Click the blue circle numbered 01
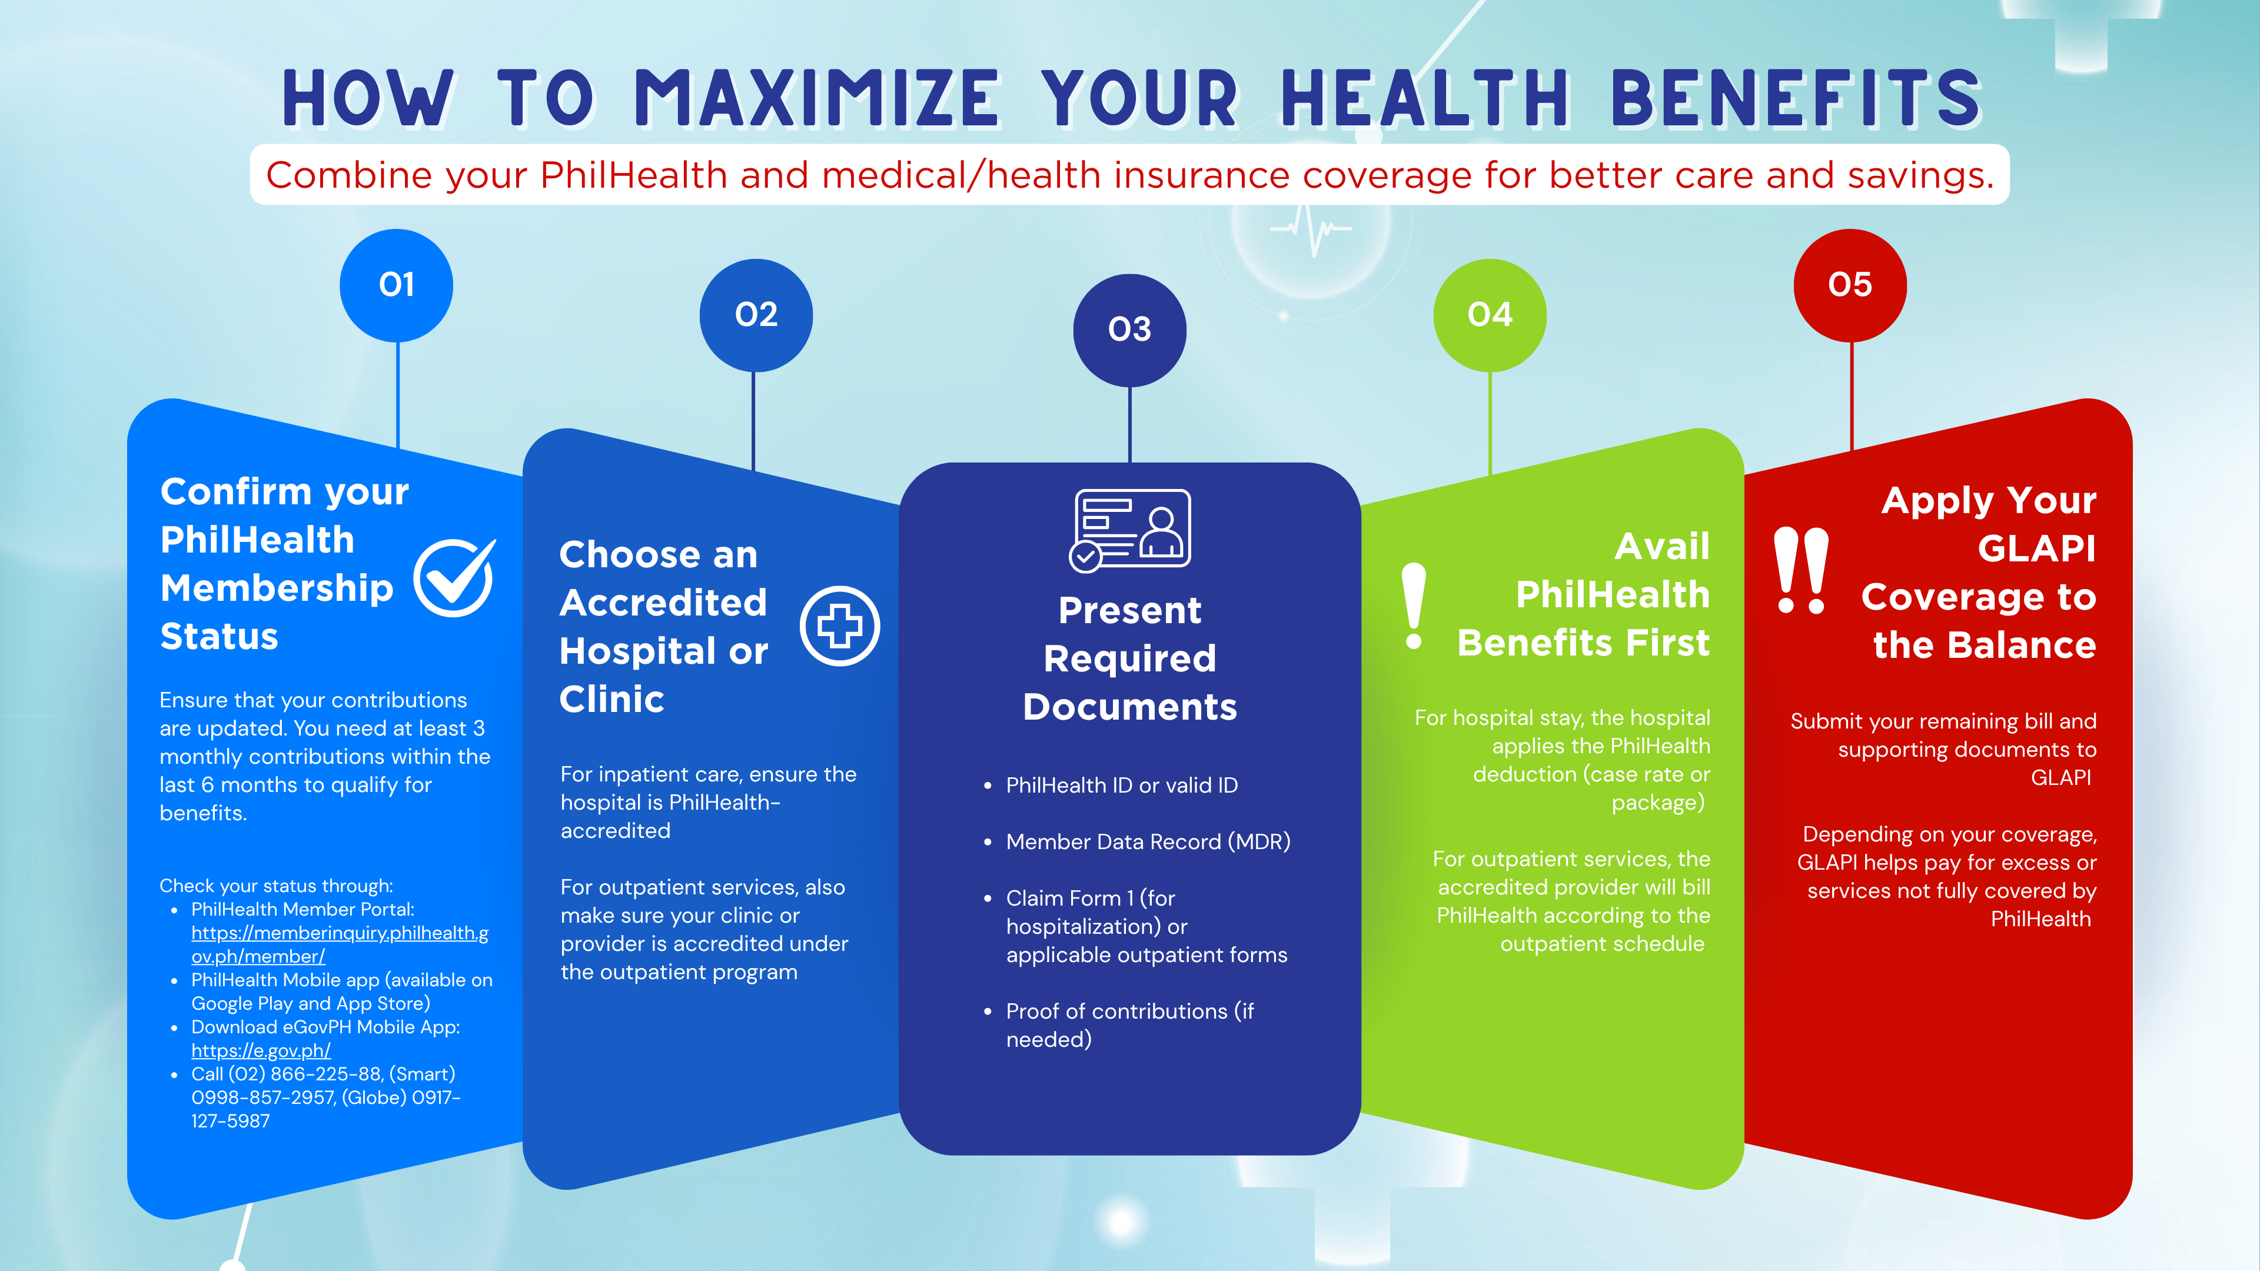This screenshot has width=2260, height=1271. click(x=397, y=285)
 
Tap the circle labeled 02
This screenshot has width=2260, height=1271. click(x=756, y=315)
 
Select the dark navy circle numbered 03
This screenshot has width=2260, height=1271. click(x=1130, y=330)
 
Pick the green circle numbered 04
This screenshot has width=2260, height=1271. click(x=1490, y=315)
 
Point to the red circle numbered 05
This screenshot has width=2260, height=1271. click(x=1850, y=285)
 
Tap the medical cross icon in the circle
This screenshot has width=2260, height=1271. click(x=840, y=625)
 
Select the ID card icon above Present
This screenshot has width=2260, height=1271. click(x=1130, y=530)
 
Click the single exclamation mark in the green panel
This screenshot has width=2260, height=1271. click(x=1413, y=605)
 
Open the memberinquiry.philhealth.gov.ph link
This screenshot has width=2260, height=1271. click(x=340, y=944)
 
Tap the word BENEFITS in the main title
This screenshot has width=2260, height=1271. click(x=1797, y=98)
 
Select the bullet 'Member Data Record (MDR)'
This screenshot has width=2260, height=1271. click(x=1148, y=842)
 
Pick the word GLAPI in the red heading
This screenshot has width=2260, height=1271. click(x=2036, y=548)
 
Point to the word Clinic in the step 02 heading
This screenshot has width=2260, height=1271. click(x=611, y=699)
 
